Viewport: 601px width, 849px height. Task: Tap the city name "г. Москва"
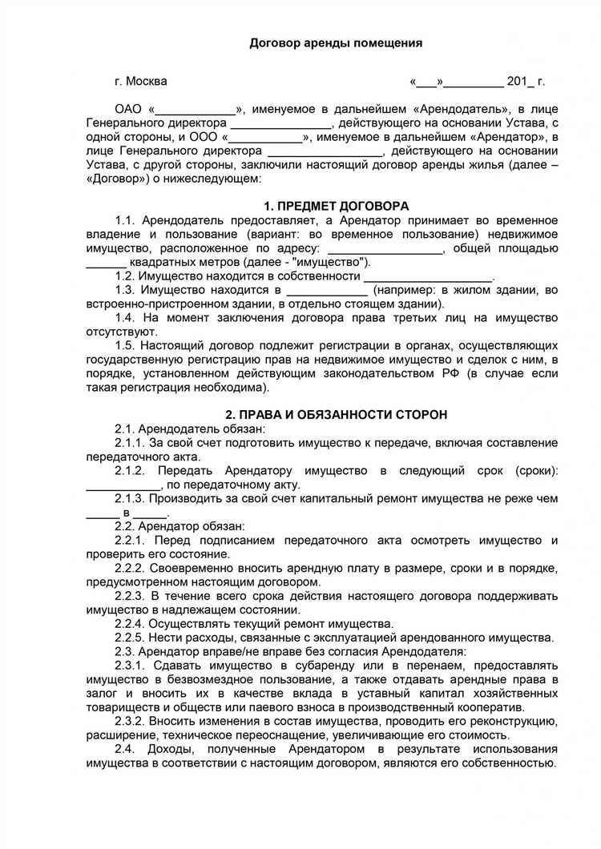tap(141, 82)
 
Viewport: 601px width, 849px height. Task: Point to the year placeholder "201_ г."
tap(526, 82)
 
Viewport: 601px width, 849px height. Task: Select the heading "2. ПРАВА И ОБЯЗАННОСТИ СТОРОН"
tap(336, 414)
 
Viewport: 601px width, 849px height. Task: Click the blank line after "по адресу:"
tap(385, 248)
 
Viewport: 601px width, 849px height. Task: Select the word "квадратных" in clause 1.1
tap(163, 262)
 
